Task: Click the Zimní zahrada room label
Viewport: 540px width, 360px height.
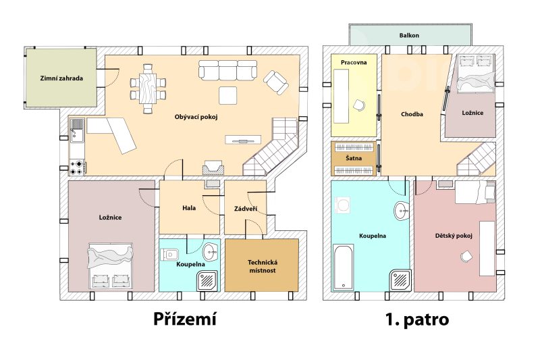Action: [61, 78]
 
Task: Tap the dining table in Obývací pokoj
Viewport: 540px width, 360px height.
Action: [148, 88]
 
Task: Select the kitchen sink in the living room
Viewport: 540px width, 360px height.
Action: [78, 130]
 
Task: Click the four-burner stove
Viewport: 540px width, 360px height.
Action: [76, 168]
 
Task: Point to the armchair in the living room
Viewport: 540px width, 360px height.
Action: [276, 82]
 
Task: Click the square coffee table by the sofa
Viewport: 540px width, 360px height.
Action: [228, 95]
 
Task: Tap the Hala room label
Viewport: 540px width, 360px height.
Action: [189, 208]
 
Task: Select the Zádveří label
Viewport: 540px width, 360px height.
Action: [246, 209]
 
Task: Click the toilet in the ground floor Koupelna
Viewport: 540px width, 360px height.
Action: [169, 255]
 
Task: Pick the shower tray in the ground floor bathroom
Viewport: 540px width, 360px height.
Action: [207, 281]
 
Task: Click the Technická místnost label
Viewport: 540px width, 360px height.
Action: [263, 266]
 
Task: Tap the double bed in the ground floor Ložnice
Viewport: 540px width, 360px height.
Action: [111, 265]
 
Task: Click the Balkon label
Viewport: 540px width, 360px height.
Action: [409, 35]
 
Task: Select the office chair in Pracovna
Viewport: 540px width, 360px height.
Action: [359, 105]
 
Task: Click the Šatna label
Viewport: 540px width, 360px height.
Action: [354, 158]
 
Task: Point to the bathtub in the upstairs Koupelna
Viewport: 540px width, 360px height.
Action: [344, 267]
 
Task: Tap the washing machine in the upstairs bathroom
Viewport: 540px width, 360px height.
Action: [343, 205]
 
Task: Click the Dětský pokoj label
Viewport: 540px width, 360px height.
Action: [454, 236]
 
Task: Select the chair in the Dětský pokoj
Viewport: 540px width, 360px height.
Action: [466, 256]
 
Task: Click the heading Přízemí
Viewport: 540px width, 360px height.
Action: [185, 319]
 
